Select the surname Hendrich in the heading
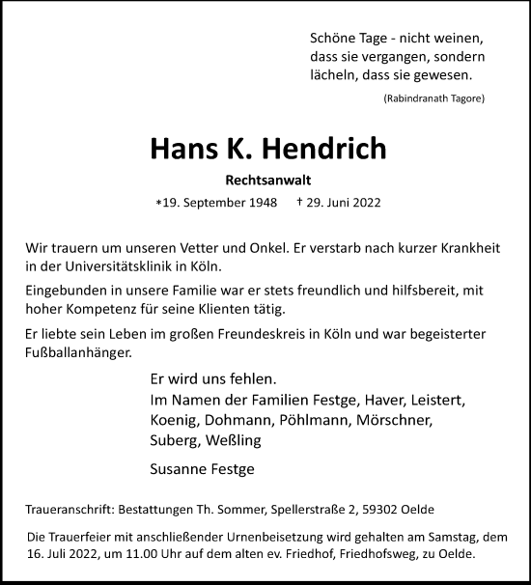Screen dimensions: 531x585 click(x=323, y=150)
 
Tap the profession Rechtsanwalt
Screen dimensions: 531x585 click(x=265, y=180)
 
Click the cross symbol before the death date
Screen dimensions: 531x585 click(x=300, y=204)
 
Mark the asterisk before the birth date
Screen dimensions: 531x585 click(x=158, y=205)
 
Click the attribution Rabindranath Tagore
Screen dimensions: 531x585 click(x=433, y=99)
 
